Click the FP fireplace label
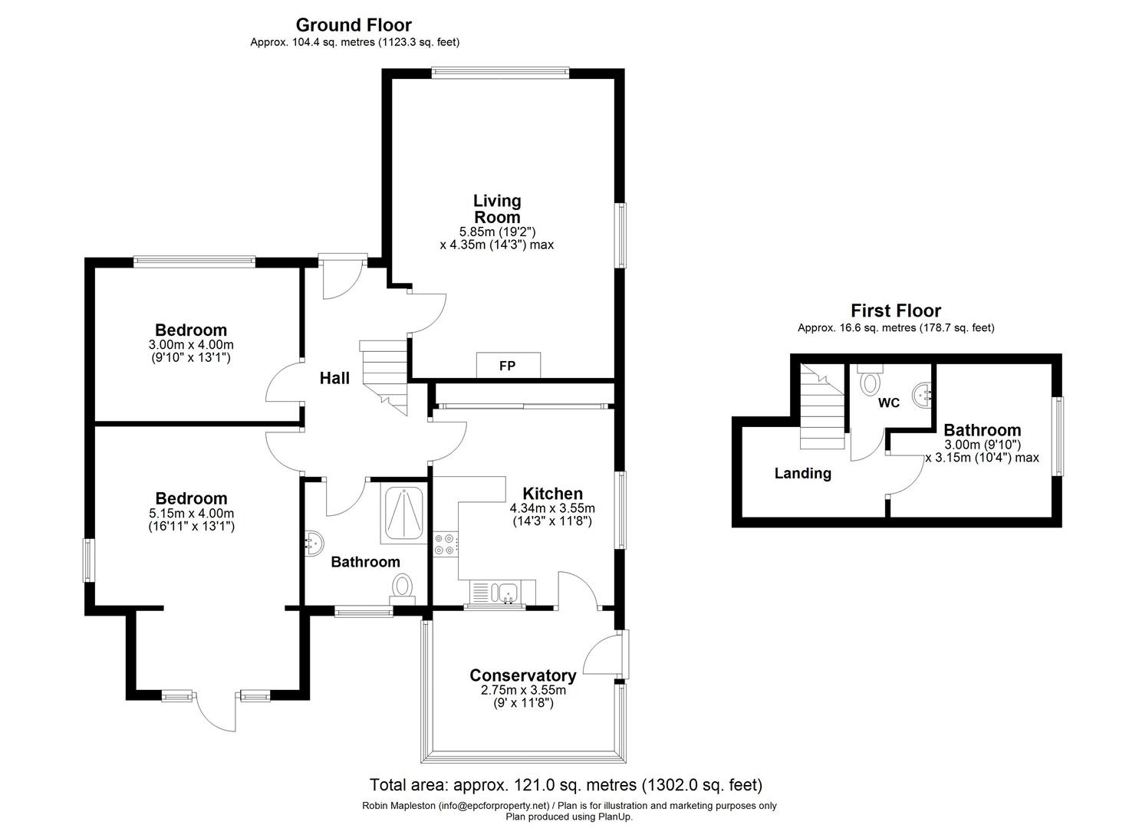(x=508, y=366)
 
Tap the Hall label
(x=334, y=378)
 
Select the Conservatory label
(x=523, y=675)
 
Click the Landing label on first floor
(x=803, y=474)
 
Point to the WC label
(x=889, y=403)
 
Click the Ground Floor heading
(x=354, y=25)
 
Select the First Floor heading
(x=896, y=310)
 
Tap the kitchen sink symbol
(x=507, y=593)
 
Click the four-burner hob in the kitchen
(x=444, y=544)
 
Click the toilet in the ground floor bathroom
(x=403, y=590)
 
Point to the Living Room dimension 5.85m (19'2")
(x=497, y=232)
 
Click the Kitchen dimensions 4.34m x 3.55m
(x=552, y=508)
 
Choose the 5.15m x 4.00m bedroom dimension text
(x=191, y=514)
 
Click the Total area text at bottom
(x=566, y=785)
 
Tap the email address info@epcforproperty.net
(x=494, y=806)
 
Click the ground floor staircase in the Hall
(x=384, y=376)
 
